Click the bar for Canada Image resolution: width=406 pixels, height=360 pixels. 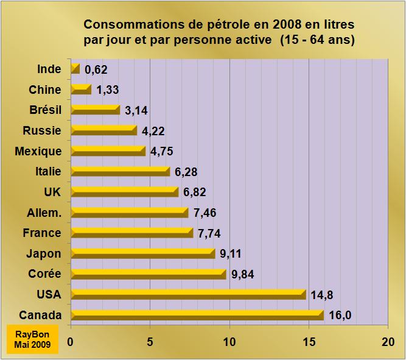click(x=198, y=315)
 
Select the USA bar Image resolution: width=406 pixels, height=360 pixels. click(x=188, y=294)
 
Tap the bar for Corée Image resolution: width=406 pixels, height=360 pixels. click(x=149, y=274)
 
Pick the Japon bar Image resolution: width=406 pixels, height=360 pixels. click(x=143, y=253)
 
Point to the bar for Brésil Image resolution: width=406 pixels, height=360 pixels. click(x=96, y=110)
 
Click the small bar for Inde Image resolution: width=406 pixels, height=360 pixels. click(x=75, y=69)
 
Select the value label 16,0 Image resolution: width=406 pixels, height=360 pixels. click(x=341, y=315)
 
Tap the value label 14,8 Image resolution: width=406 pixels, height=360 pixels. click(x=322, y=295)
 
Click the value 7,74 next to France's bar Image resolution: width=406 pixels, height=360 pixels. click(x=209, y=233)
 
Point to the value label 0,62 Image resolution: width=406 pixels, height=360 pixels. click(x=96, y=69)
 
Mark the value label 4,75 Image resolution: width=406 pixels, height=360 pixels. click(x=162, y=151)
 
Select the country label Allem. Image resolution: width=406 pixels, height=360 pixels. click(x=43, y=213)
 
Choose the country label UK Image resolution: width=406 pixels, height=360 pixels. click(x=52, y=192)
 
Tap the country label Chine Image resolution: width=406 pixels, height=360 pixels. click(x=45, y=90)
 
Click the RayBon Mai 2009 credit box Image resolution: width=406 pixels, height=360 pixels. click(x=33, y=339)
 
